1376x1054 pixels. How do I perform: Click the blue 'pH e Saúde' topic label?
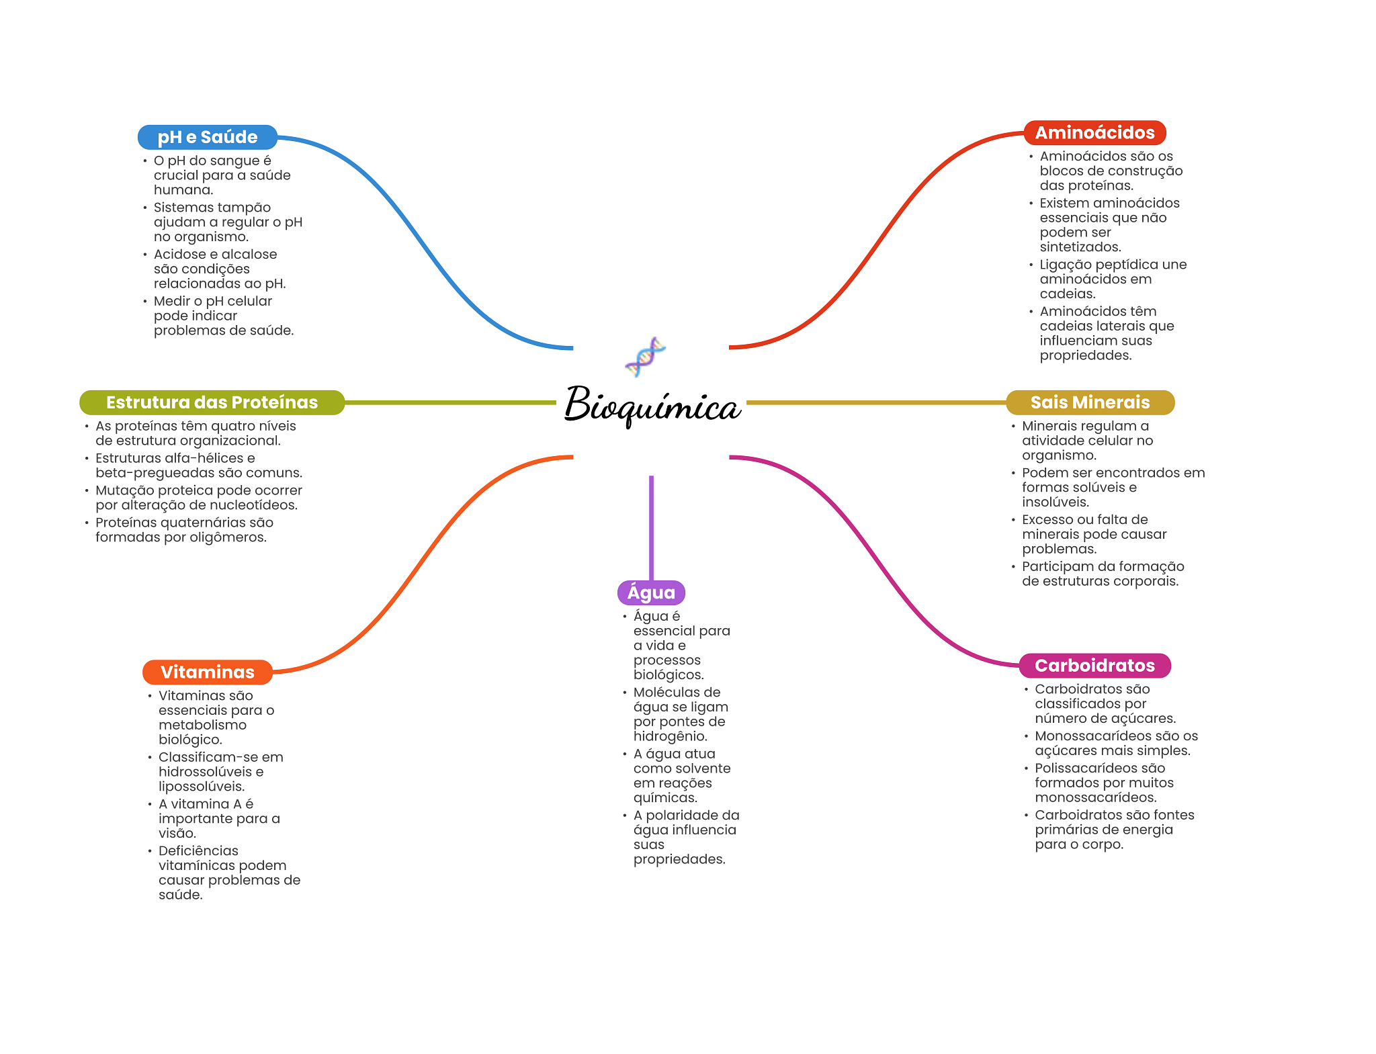tap(207, 137)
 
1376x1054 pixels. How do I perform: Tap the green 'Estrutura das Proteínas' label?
tap(212, 402)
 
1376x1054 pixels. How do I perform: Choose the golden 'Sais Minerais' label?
tap(1090, 402)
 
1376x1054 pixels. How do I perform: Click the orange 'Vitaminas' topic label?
tap(207, 672)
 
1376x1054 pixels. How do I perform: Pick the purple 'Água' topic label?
tap(651, 592)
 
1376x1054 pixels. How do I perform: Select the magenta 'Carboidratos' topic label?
tap(1094, 665)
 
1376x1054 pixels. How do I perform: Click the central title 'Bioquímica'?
tap(652, 404)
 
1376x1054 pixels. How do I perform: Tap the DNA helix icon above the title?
tap(645, 357)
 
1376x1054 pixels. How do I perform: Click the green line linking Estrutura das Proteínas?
tap(450, 402)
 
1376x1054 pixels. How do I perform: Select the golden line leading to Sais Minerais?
tap(873, 402)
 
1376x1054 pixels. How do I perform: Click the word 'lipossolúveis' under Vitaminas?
tap(201, 787)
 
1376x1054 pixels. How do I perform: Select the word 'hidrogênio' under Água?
tap(670, 736)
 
